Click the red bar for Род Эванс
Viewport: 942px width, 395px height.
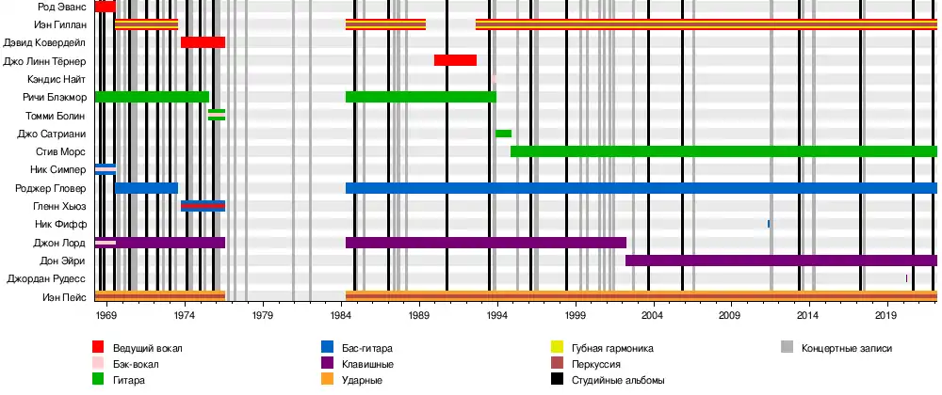(105, 7)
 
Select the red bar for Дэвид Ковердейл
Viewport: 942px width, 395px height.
(203, 42)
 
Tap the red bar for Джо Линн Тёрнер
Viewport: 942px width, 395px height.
(455, 60)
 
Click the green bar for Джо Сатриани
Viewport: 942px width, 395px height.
(503, 134)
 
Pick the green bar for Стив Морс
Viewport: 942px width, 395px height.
(723, 151)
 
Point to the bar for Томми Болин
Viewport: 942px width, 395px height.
(217, 115)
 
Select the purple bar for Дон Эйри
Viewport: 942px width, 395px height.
(781, 261)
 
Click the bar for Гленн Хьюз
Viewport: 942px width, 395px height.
(203, 206)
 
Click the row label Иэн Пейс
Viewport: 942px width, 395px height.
(65, 297)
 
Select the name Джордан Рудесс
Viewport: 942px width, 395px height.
(47, 279)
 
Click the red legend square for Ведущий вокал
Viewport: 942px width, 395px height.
(98, 348)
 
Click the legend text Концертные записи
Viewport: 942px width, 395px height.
(846, 348)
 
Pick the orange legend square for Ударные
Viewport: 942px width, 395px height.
(327, 380)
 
